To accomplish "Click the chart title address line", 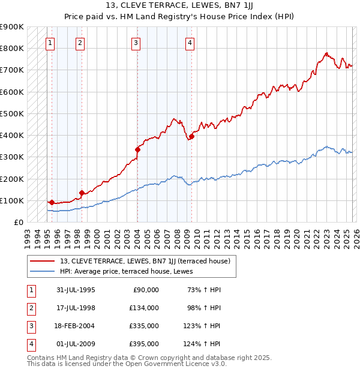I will tap(179, 5).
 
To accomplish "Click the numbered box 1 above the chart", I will tap(50, 43).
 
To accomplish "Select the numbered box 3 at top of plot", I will tap(136, 43).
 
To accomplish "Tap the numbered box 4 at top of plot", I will tap(190, 43).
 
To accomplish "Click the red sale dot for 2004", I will tap(137, 149).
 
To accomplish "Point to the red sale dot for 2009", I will tap(191, 136).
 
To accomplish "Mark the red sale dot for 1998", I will tap(82, 193).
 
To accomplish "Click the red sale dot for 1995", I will tap(52, 202).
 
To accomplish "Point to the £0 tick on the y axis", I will tap(19, 222).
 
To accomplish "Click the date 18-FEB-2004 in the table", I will tap(75, 325).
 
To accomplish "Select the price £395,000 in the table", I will tap(144, 343).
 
